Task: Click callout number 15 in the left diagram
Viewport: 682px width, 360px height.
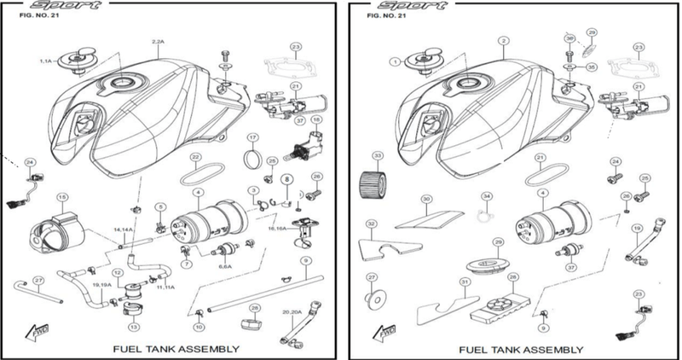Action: (x=61, y=198)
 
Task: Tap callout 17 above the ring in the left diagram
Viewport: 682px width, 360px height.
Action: (x=252, y=137)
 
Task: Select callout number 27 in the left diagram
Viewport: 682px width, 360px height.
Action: (x=38, y=280)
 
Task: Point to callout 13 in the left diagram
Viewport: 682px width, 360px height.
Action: (x=133, y=327)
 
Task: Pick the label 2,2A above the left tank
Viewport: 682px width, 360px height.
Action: (x=158, y=41)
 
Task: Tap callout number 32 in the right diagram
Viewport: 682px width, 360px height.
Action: (x=371, y=224)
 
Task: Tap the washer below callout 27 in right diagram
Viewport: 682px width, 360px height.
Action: (x=373, y=299)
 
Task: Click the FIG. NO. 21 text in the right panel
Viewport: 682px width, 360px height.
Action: (x=384, y=15)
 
